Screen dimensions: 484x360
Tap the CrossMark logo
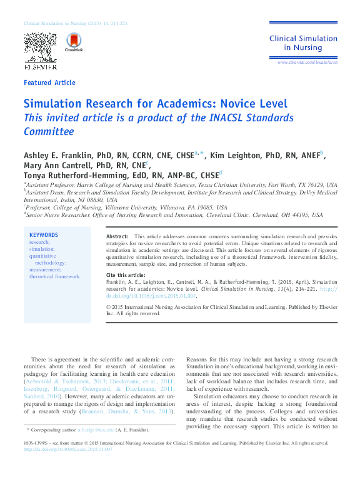(74, 43)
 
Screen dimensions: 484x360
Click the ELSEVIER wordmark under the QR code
(40, 65)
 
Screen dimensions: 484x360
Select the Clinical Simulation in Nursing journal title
(303, 43)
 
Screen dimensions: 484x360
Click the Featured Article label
(49, 83)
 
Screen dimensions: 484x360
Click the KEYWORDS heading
(43, 235)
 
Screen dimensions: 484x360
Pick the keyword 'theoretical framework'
(54, 276)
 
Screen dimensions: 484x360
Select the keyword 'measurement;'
(45, 270)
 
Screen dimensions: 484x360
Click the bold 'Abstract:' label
(117, 237)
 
